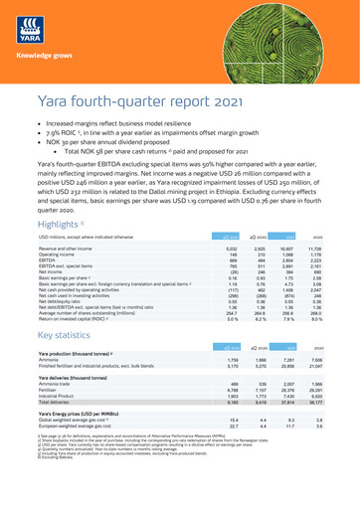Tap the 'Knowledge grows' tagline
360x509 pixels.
37,47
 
